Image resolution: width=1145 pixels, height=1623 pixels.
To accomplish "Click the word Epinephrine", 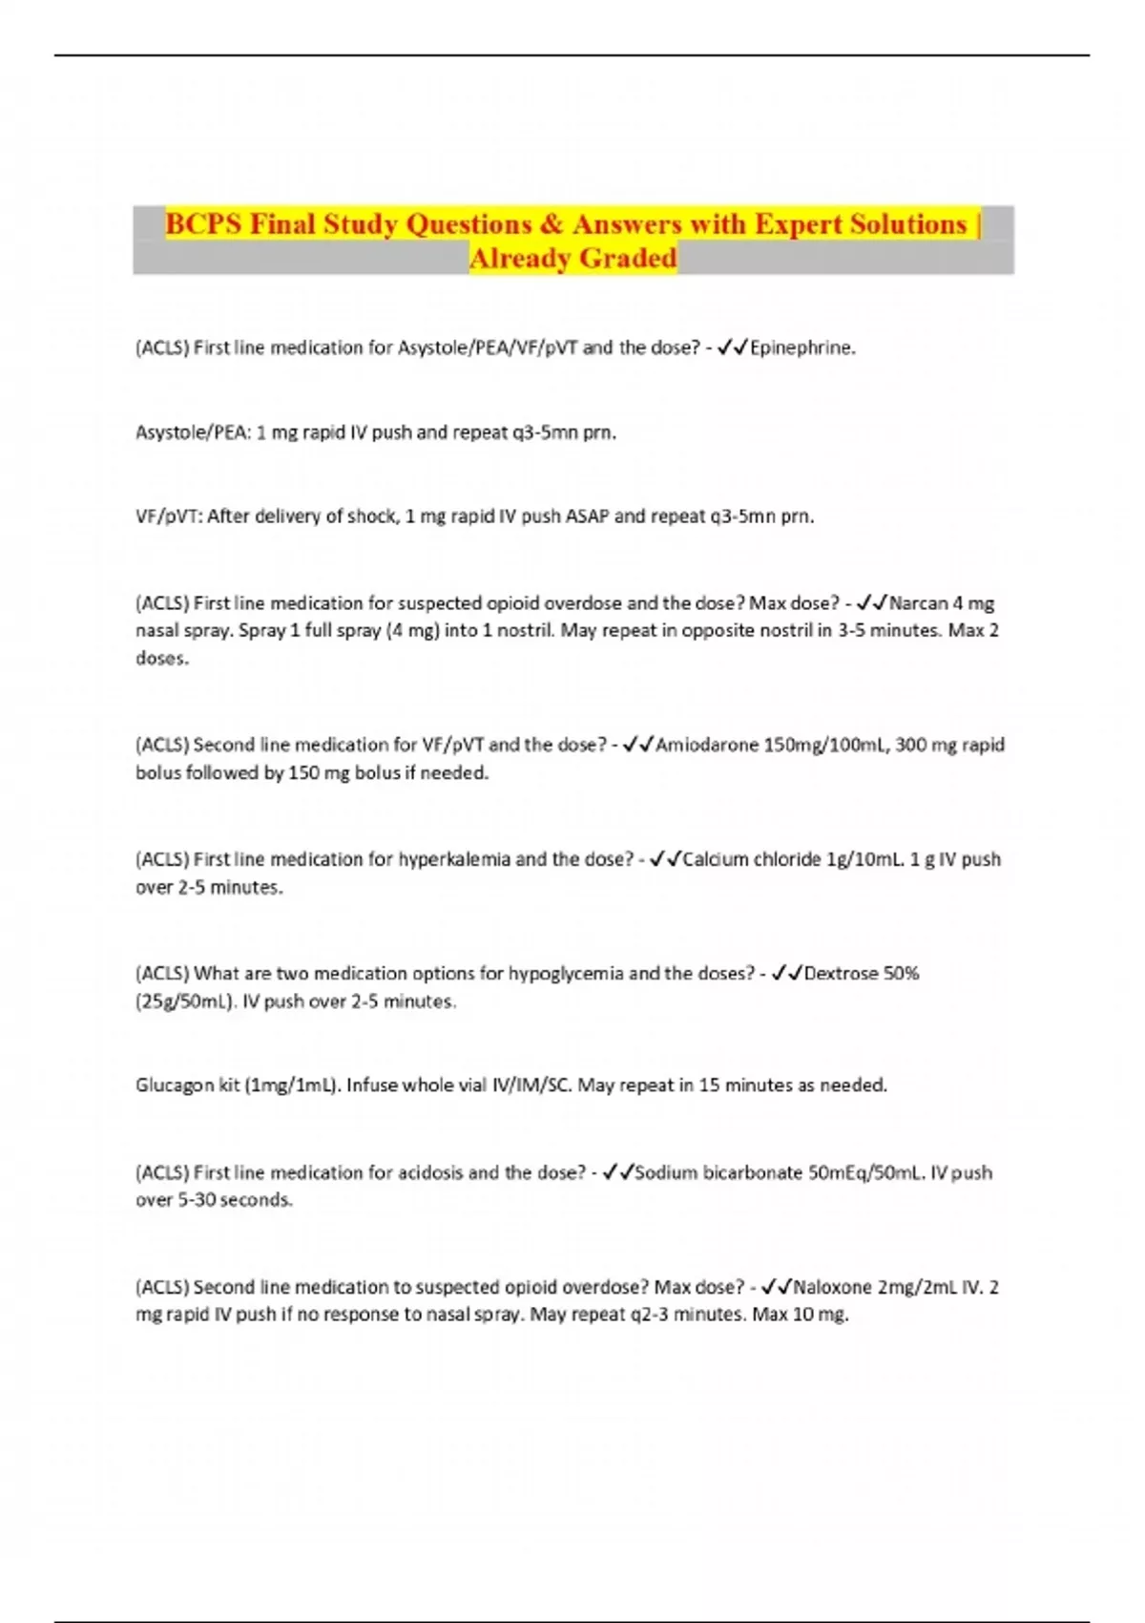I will (801, 348).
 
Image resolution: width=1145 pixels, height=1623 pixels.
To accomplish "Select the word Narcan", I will (919, 603).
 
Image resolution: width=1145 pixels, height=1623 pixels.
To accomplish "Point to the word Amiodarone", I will (707, 745).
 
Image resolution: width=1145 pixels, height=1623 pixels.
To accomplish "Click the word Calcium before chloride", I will (716, 859).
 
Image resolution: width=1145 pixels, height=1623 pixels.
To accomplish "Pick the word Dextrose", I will (841, 974).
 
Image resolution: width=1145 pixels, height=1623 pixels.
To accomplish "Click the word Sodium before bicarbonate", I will (666, 1172).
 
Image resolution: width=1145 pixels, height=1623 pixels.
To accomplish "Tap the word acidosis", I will (431, 1172).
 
